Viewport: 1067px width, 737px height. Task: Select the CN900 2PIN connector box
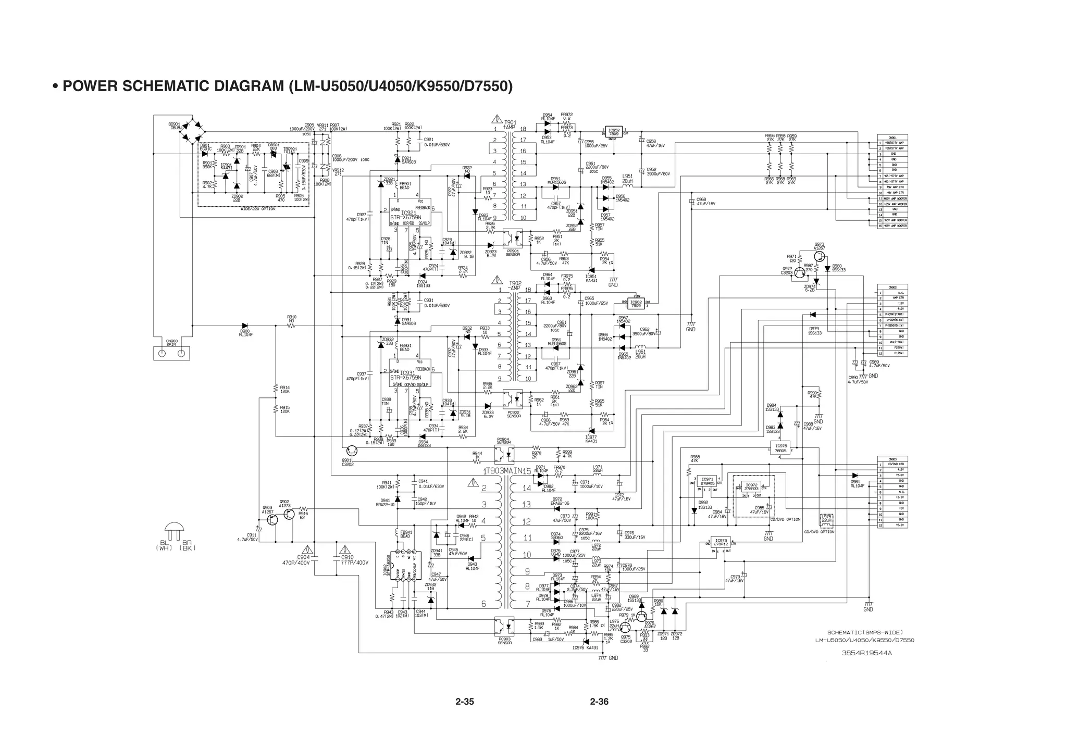pos(171,353)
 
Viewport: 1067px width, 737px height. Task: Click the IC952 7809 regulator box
pos(614,132)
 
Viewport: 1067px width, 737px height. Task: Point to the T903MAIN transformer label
pos(508,471)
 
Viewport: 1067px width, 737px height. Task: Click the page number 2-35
pos(464,702)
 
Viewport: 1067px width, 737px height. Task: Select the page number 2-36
pos(599,702)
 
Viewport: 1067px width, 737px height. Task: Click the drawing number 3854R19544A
pos(866,653)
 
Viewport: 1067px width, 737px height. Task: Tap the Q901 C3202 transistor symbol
pos(352,450)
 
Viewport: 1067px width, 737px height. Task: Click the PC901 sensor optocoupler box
pos(513,238)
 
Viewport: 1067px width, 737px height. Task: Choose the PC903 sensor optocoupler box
pos(504,625)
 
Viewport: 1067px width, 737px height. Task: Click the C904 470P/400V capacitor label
pos(303,560)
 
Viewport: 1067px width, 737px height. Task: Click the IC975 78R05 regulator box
pos(780,448)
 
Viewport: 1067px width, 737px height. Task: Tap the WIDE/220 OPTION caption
pos(258,209)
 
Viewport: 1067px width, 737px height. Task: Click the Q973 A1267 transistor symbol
pos(819,256)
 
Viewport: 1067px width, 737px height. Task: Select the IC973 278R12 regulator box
pos(721,542)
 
